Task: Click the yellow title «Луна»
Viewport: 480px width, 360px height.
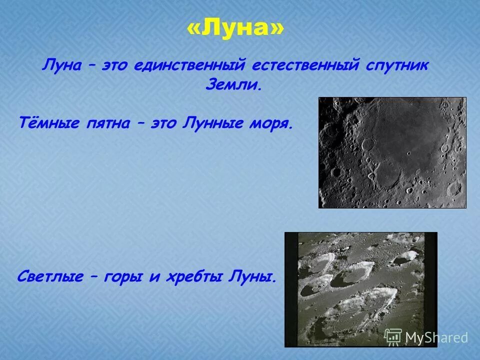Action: [x=235, y=29]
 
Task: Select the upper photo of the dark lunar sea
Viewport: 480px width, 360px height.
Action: [x=392, y=152]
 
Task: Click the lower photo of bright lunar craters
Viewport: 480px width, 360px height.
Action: [x=360, y=289]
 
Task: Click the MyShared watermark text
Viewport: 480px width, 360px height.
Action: [x=436, y=338]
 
